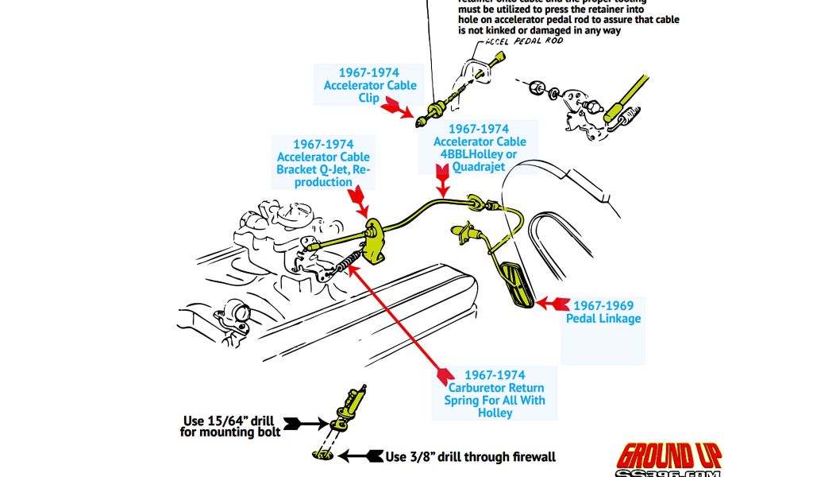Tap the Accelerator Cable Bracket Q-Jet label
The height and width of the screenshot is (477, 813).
323,163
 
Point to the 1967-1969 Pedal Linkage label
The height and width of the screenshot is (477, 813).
603,312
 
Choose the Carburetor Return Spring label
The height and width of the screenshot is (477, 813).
495,394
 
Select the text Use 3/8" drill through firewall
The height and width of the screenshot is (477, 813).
471,456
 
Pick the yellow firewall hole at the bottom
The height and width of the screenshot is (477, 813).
320,456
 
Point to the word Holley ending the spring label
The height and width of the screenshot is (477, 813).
495,413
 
